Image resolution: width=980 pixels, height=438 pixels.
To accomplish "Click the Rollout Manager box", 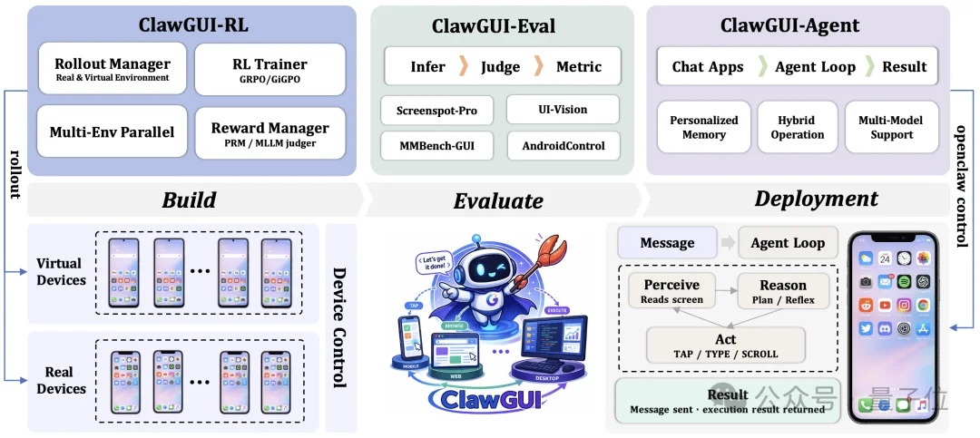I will (112, 69).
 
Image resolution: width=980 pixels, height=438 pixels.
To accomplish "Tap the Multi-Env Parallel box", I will (112, 132).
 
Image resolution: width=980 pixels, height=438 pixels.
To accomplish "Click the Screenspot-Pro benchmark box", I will (436, 111).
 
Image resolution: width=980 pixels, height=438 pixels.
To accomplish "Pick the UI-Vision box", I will (563, 110).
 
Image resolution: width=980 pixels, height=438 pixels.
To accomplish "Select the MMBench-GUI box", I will (436, 145).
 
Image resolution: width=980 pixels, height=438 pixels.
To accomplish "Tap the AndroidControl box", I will (563, 145).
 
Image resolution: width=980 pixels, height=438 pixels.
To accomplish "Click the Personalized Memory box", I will (704, 127).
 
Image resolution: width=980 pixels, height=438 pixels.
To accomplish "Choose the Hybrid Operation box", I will (798, 127).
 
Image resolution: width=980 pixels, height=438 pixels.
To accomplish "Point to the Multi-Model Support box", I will (891, 127).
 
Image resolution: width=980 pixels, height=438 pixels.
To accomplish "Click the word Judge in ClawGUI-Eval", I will (500, 66).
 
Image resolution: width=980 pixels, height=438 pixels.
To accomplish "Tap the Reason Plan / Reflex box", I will (783, 290).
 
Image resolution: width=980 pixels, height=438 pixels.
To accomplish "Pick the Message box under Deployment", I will (667, 242).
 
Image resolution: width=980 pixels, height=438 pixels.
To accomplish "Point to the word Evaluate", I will (498, 200).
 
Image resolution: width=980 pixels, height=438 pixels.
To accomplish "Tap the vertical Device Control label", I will (339, 327).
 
